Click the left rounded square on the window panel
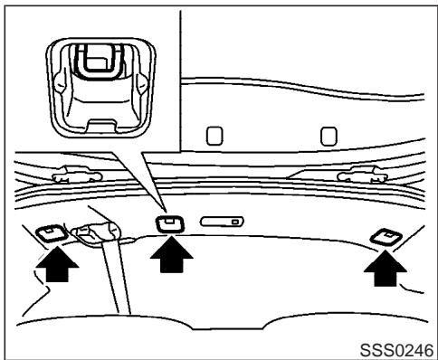[x=214, y=136]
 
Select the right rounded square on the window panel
[x=329, y=136]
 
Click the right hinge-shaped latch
[x=352, y=175]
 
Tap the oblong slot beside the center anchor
[x=221, y=221]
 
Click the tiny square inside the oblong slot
[x=234, y=221]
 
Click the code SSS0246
[x=398, y=347]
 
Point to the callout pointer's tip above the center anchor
[x=161, y=211]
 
